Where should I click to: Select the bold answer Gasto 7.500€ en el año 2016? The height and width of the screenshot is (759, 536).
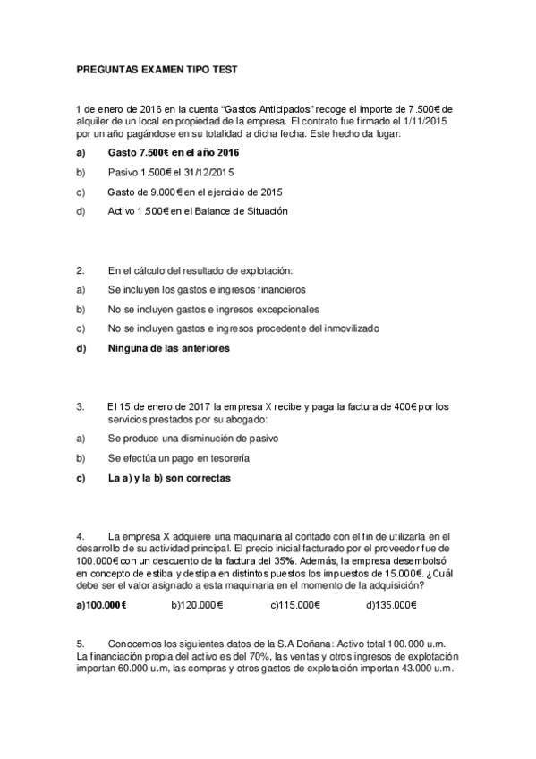click(x=167, y=152)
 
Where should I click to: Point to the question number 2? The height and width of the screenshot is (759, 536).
click(x=80, y=269)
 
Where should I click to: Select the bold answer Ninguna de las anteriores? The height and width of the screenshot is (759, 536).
click(x=167, y=348)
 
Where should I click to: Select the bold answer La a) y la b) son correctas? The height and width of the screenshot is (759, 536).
click(x=169, y=478)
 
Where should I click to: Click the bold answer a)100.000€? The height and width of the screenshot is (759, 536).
click(x=101, y=605)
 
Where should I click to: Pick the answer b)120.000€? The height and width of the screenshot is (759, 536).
click(x=197, y=605)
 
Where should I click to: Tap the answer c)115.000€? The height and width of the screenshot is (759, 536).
click(x=295, y=605)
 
